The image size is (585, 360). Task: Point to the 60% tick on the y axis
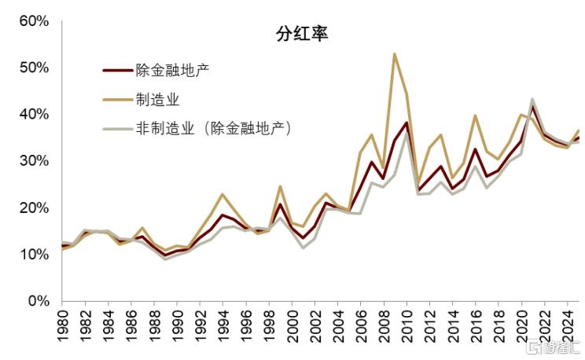pos(34,20)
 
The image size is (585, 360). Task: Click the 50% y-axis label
pos(34,68)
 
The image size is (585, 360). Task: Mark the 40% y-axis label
pos(34,114)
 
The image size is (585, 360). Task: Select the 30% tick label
pos(34,160)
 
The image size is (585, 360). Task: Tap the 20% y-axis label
pos(34,208)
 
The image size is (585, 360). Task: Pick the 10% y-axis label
pos(34,254)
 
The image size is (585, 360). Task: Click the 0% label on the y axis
pos(38,300)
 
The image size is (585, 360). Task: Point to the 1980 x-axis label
pos(64,326)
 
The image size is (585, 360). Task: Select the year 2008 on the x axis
pos(383,326)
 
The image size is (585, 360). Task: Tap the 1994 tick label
pos(223,326)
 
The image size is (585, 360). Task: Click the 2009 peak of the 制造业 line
pos(395,54)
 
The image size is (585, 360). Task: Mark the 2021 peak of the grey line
pos(532,99)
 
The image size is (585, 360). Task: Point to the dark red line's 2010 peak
pos(407,123)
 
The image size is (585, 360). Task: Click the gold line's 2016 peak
pos(475,116)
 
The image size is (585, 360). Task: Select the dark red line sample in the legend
pos(116,71)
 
